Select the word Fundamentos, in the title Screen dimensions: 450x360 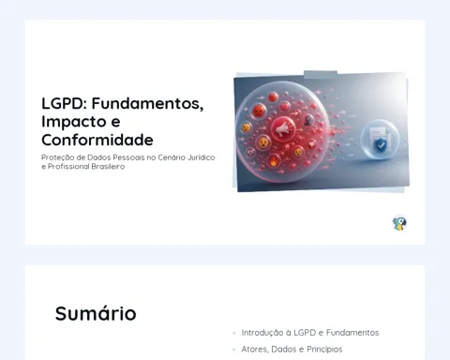(x=147, y=104)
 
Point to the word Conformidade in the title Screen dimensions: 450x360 (x=97, y=140)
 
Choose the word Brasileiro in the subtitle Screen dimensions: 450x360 (x=108, y=166)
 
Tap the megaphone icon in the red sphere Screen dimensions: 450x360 (x=282, y=128)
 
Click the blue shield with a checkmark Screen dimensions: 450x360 (x=381, y=145)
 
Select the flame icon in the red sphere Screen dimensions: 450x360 (x=274, y=161)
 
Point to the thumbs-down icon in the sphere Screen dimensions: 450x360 (x=311, y=144)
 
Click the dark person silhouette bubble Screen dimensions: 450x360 (x=308, y=120)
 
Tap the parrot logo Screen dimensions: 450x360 (x=399, y=223)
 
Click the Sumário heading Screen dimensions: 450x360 (x=96, y=313)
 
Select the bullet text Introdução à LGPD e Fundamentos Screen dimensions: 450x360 (x=310, y=333)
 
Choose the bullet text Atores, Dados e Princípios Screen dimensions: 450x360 (x=292, y=349)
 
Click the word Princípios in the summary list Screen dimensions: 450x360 (x=324, y=349)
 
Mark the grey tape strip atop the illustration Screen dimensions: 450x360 (x=321, y=75)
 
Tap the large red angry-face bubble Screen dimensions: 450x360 (x=259, y=111)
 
